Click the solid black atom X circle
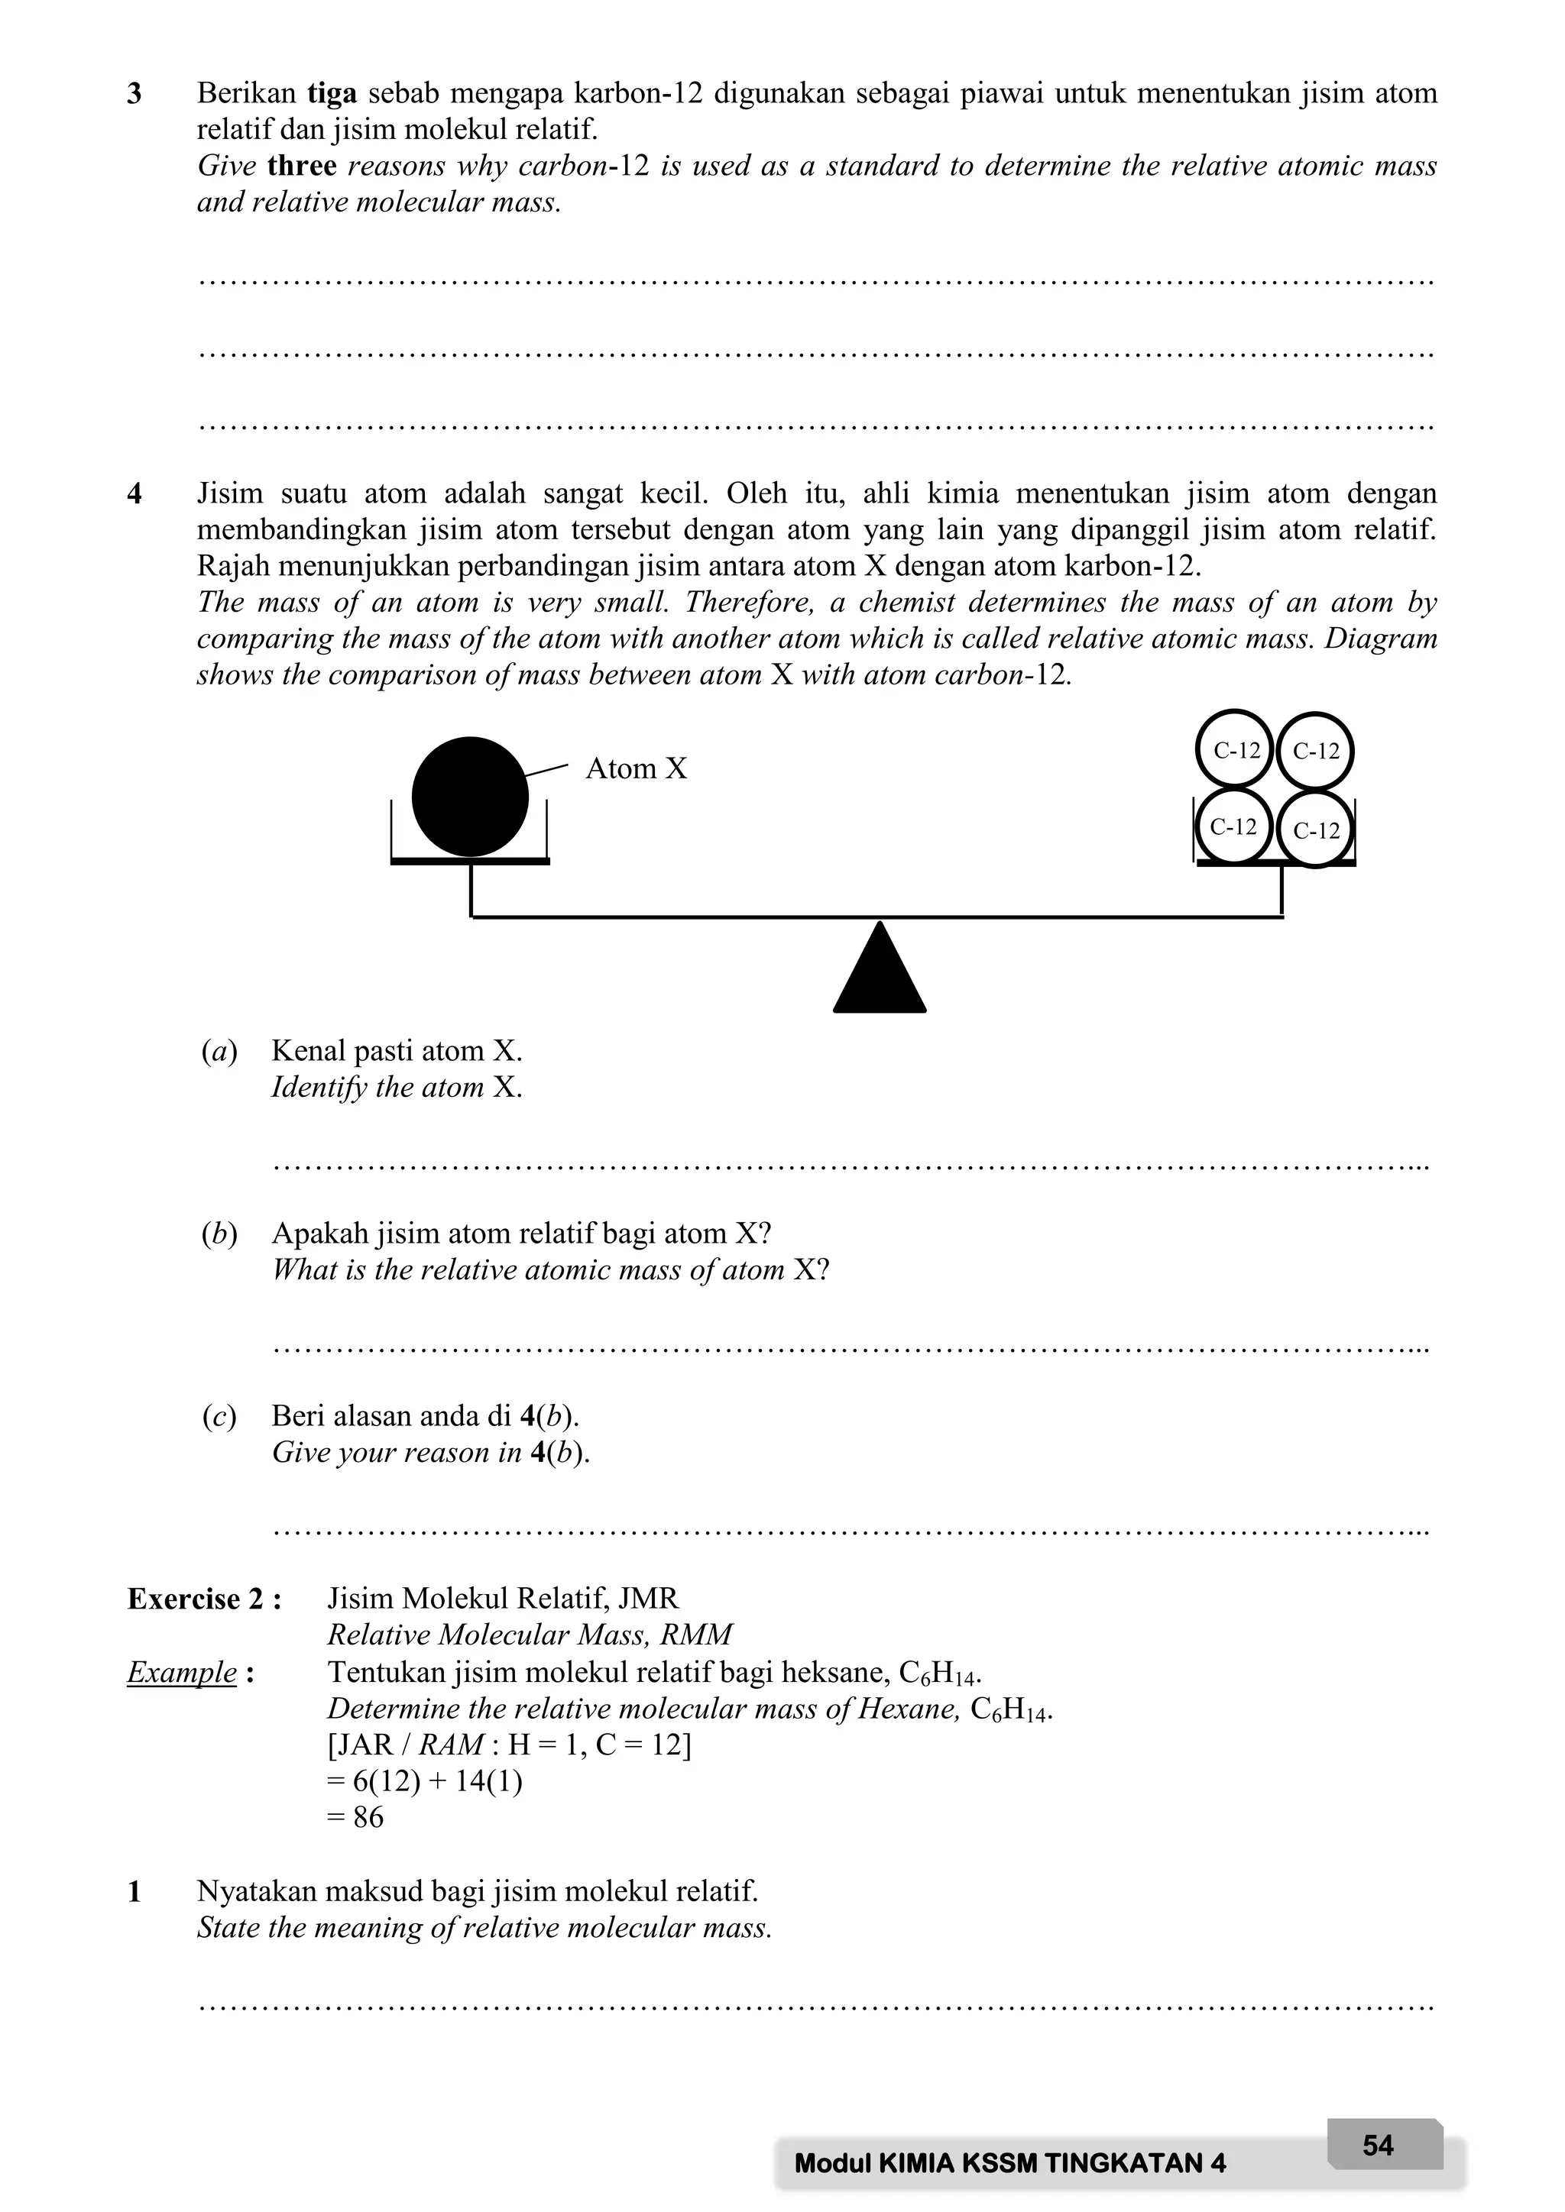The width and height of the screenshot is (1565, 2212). [x=469, y=797]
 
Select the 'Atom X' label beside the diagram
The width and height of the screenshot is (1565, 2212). [x=636, y=769]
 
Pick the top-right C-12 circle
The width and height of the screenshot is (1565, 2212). [x=1315, y=752]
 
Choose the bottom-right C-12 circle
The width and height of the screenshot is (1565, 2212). [x=1315, y=830]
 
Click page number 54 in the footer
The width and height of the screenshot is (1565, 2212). [x=1378, y=2146]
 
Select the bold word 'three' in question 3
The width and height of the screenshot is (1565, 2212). [x=302, y=166]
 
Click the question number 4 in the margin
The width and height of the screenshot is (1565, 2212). [x=135, y=494]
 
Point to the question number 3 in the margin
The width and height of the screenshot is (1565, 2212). [x=135, y=95]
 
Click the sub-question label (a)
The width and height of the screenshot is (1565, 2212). [x=220, y=1051]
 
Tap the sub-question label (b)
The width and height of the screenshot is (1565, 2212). [x=220, y=1234]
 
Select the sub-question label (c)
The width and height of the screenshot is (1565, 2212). [x=220, y=1416]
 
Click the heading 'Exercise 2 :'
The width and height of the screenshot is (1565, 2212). [x=204, y=1599]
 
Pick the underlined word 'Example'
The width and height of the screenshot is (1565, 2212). [x=182, y=1673]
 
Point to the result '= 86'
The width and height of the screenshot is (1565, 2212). [x=355, y=1818]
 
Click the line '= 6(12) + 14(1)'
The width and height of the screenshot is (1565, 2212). [x=425, y=1781]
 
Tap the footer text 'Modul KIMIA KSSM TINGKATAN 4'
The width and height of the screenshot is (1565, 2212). [x=1010, y=2164]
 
